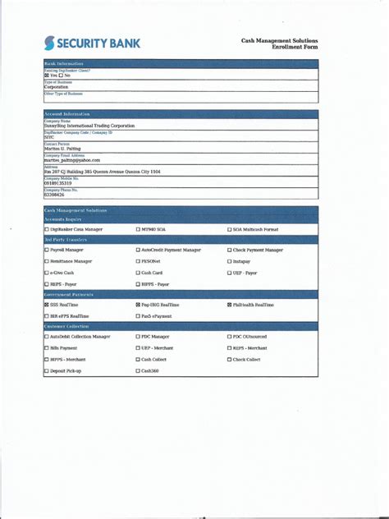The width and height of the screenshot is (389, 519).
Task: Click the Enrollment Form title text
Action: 290,47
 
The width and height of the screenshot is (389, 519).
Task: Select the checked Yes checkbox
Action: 47,76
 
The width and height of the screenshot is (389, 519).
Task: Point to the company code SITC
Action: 49,137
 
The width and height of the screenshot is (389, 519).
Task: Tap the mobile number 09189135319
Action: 60,183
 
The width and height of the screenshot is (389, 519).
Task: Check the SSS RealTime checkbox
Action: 47,305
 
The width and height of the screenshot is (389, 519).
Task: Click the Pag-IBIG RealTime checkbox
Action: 138,305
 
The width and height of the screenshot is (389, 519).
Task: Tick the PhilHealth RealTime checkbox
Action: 230,305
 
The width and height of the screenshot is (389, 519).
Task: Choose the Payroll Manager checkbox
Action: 47,250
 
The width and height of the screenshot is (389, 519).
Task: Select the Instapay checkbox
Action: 230,261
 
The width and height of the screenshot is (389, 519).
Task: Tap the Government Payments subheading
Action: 69,294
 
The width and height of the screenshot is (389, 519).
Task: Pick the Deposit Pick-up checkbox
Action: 47,371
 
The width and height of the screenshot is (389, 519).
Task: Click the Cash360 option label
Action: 151,371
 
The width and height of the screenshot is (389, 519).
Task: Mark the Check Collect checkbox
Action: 230,360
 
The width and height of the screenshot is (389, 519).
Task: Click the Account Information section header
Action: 67,114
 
